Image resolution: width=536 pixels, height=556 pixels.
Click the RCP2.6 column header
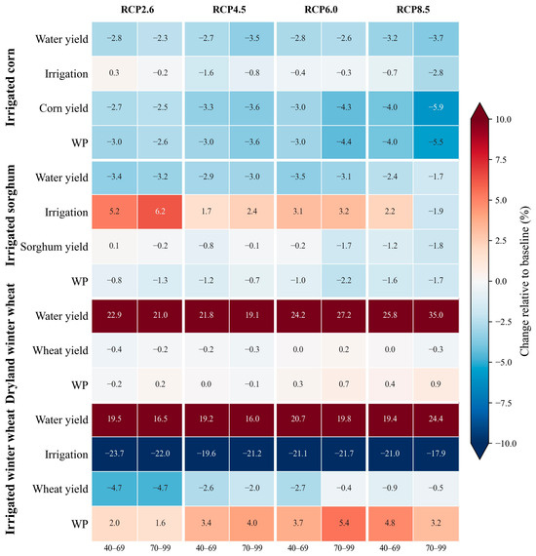pos(137,9)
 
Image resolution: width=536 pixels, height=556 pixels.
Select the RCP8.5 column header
pos(413,9)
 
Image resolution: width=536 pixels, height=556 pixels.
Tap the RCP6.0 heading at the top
pos(321,9)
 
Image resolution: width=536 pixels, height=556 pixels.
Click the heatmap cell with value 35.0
pos(436,316)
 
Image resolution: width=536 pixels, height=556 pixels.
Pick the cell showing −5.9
pos(436,108)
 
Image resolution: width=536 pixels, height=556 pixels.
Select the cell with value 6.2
pos(160,212)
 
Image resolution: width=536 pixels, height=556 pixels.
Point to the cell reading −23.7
pos(114,454)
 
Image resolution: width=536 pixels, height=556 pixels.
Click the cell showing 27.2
pos(344,316)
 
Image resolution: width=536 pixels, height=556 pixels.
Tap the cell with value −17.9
pos(436,454)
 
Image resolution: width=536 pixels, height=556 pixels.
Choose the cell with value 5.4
pos(344,524)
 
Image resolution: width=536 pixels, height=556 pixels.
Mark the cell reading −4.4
pos(344,142)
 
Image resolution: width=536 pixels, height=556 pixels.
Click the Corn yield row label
pos(63,108)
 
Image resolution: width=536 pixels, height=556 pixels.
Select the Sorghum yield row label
pos(55,247)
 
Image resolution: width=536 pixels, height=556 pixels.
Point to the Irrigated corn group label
pos(11,87)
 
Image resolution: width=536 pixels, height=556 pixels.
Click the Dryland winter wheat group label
pos(11,343)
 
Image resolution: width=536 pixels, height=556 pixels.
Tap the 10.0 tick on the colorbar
pos(503,120)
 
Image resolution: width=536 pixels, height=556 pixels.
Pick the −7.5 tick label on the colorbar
pos(502,403)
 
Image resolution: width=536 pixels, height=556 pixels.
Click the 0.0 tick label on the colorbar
pos(501,282)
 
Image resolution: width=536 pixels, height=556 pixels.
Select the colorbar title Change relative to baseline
pos(524,281)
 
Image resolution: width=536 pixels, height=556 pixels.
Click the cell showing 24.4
pos(436,419)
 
